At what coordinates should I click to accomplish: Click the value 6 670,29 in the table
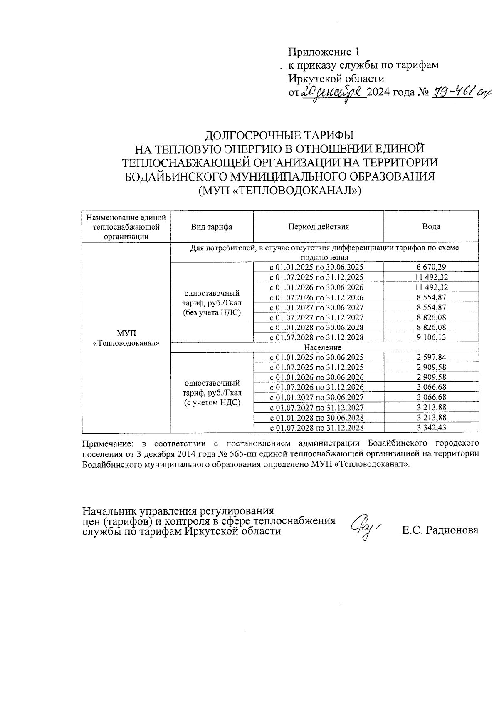pyautogui.click(x=431, y=267)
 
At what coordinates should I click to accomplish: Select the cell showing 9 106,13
pyautogui.click(x=431, y=337)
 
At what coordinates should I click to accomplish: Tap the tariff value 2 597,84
pyautogui.click(x=431, y=357)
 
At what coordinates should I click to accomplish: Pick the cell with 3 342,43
pyautogui.click(x=431, y=428)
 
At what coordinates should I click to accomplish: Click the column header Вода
pyautogui.click(x=431, y=227)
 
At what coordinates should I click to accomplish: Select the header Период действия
pyautogui.click(x=318, y=227)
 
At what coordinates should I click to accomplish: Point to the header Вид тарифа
pyautogui.click(x=212, y=227)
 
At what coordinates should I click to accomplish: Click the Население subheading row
pyautogui.click(x=322, y=347)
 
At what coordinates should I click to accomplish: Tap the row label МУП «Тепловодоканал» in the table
pyautogui.click(x=126, y=338)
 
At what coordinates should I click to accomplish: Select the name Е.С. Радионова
pyautogui.click(x=440, y=530)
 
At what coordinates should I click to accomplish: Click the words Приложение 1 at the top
pyautogui.click(x=324, y=52)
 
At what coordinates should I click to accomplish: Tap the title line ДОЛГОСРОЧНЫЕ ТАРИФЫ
pyautogui.click(x=280, y=136)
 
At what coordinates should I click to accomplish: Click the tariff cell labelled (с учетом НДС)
pyautogui.click(x=212, y=403)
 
